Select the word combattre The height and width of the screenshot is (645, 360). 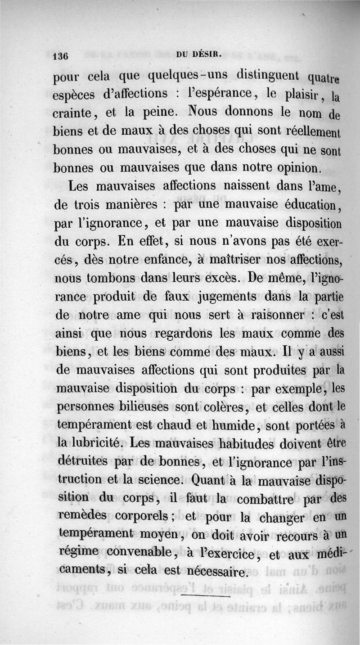(x=265, y=499)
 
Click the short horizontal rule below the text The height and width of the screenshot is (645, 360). (x=205, y=596)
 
